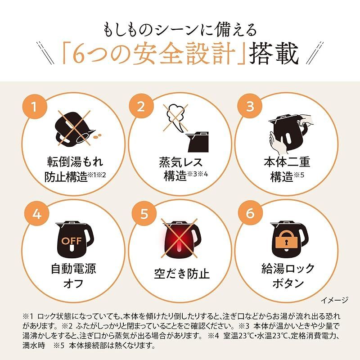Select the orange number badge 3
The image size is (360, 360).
251,108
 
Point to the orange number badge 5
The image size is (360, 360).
143,213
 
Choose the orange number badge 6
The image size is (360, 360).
251,213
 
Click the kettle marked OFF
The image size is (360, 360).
73,237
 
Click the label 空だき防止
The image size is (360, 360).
180,274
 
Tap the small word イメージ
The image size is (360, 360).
335,299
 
